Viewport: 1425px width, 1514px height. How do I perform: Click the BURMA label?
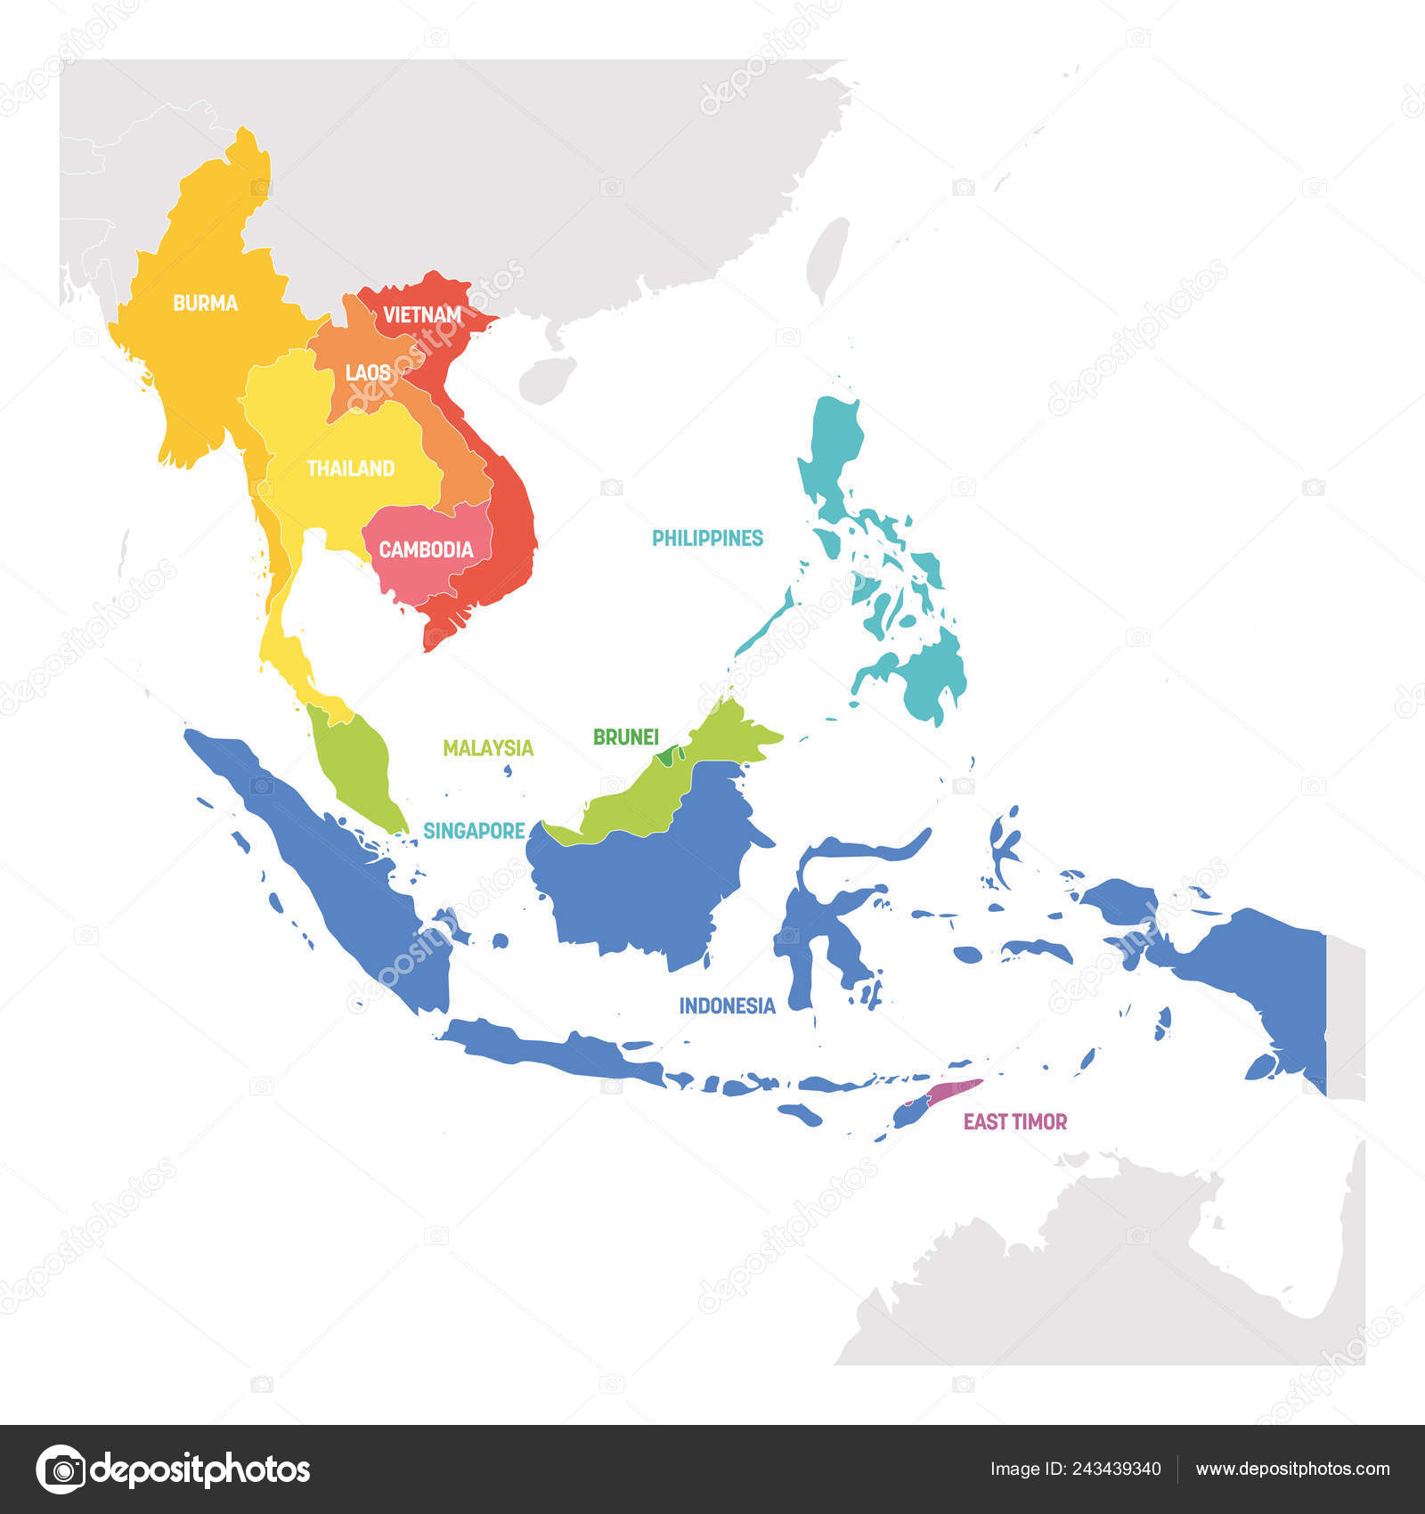[x=205, y=304]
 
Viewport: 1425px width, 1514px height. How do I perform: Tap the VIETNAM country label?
[x=422, y=314]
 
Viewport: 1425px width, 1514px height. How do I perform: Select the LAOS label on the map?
[x=367, y=372]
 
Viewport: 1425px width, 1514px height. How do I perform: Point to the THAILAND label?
[x=350, y=468]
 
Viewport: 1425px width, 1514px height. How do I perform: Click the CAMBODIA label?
[x=426, y=549]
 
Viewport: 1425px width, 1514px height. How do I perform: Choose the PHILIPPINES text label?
[x=707, y=538]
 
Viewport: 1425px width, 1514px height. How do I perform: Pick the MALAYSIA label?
[x=488, y=748]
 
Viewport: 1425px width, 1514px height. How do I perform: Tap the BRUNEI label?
[x=625, y=737]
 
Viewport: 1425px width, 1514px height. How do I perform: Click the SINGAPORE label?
[x=474, y=831]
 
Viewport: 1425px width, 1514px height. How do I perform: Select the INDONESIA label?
[x=727, y=1005]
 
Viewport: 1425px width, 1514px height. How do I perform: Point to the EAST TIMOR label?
[x=1014, y=1121]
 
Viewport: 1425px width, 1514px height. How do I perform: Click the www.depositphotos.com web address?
[x=1291, y=1469]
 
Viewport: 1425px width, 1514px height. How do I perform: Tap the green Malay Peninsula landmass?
[x=354, y=761]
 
